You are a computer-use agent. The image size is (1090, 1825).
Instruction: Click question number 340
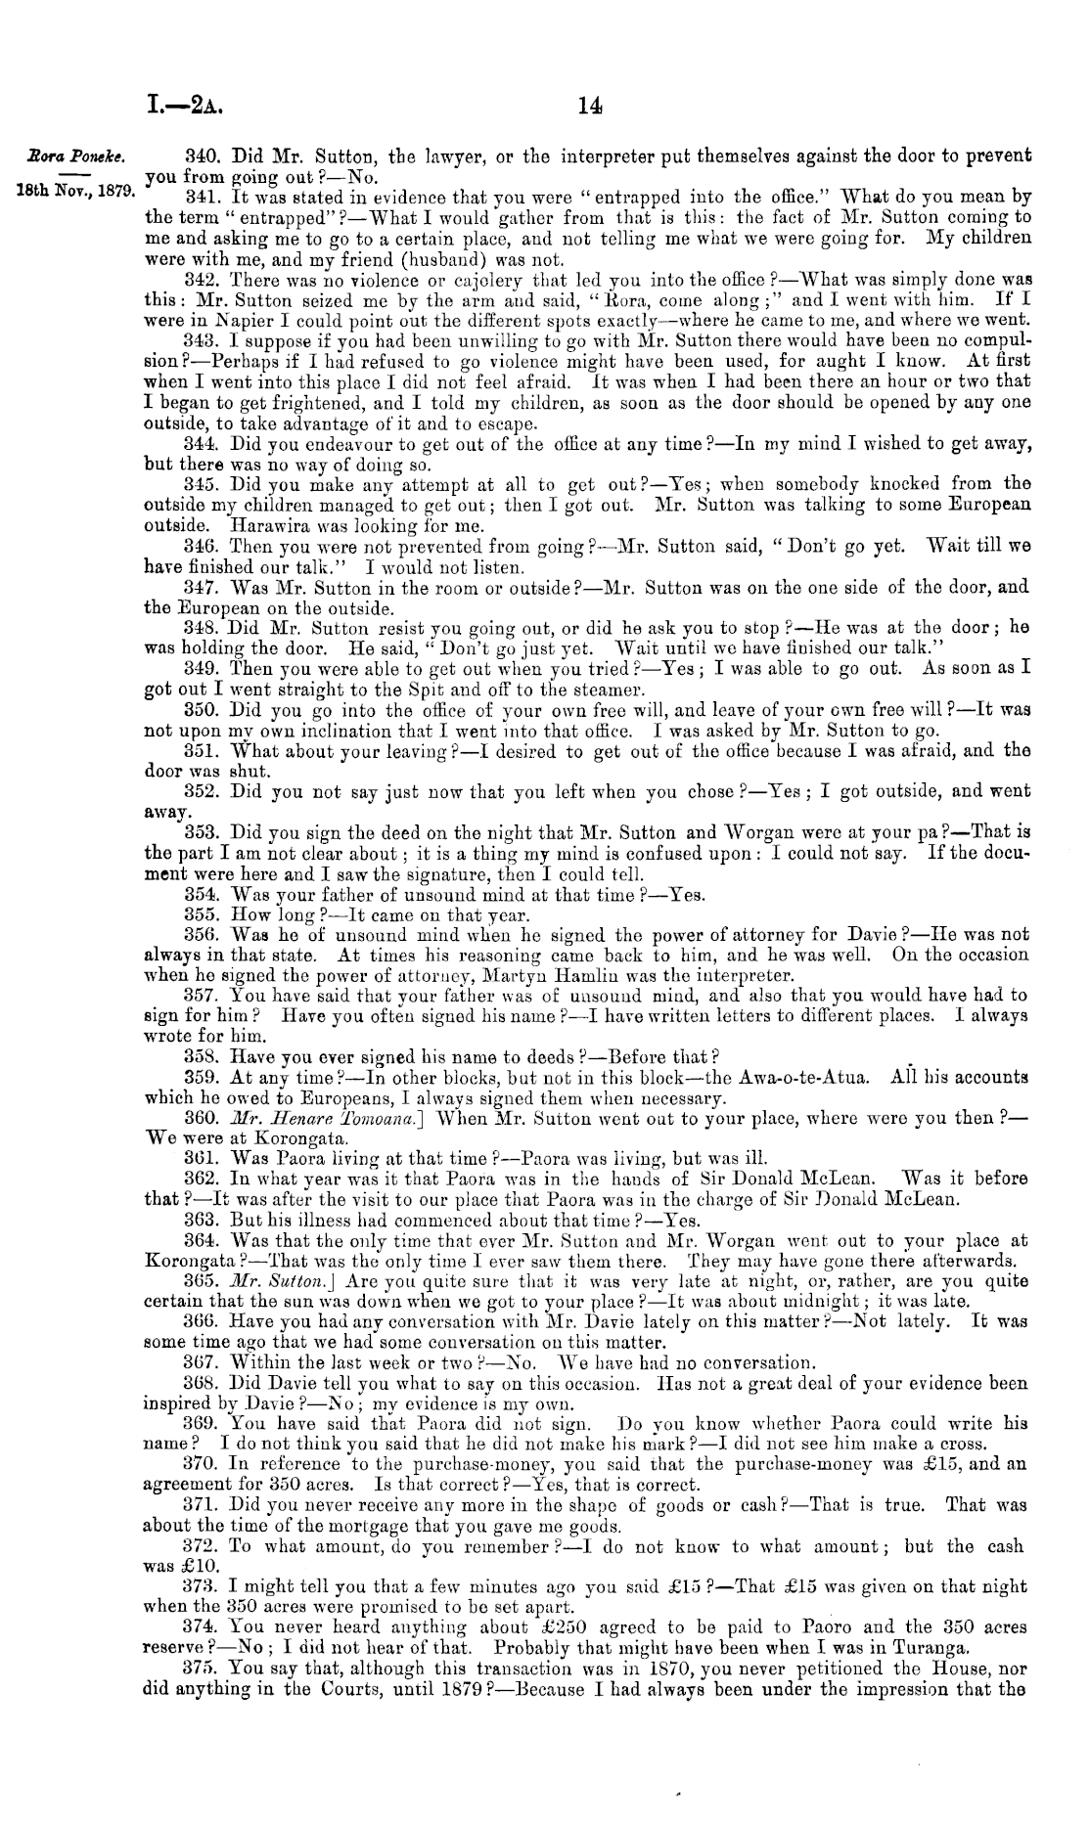coord(202,156)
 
